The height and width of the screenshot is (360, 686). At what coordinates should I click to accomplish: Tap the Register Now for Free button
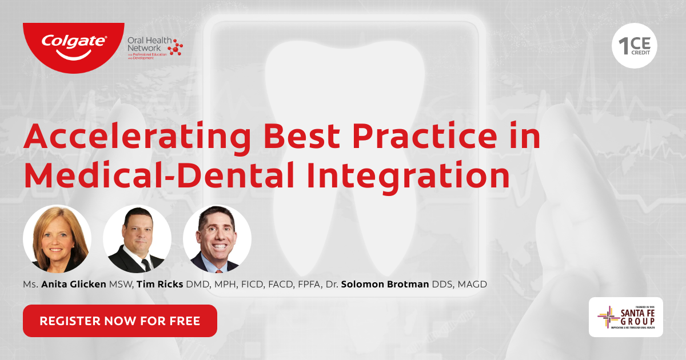tap(120, 321)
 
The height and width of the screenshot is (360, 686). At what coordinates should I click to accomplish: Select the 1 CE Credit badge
tap(635, 46)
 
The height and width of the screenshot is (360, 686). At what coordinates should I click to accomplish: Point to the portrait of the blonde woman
tap(57, 239)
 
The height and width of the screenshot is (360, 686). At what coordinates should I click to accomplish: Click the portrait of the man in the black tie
tap(137, 239)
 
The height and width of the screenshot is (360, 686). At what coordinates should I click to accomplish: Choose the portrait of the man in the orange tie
tap(217, 239)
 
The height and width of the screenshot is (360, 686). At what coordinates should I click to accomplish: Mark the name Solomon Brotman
tap(385, 284)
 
